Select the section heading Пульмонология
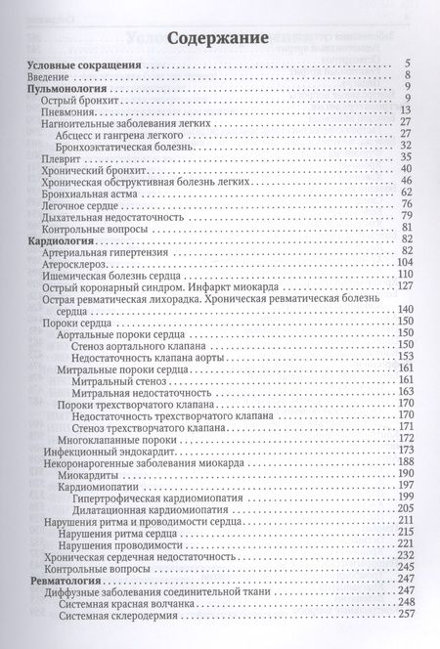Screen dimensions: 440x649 (65, 87)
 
